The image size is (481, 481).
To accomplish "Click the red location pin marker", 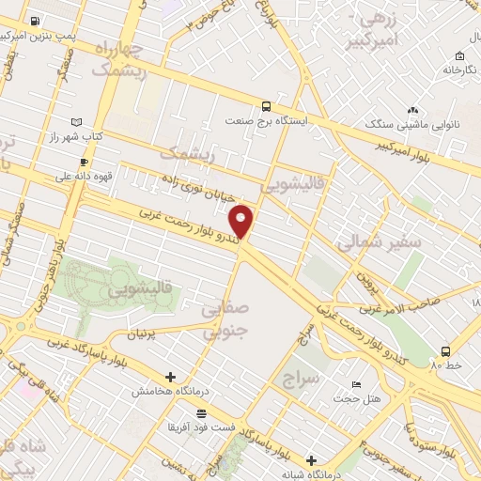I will pos(242,222).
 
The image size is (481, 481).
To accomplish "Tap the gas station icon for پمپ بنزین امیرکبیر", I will pos(35,21).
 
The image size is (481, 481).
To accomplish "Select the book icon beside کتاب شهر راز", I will pos(76,122).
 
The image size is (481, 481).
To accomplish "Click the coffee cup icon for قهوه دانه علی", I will pos(84,162).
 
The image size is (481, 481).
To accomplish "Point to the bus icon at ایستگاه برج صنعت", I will pos(267,106).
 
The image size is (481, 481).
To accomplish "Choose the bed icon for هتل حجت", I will pos(356,385).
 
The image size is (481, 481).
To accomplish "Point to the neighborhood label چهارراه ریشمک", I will pos(119,57).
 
